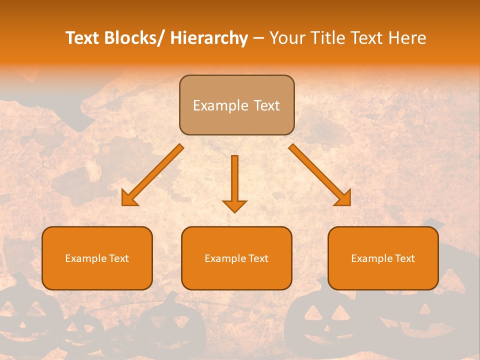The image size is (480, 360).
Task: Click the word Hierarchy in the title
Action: click(209, 38)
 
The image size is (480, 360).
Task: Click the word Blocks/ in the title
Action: click(134, 38)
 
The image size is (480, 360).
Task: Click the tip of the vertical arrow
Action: click(234, 211)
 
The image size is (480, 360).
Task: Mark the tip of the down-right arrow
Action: click(349, 204)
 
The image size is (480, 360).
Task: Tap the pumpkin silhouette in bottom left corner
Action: click(22, 315)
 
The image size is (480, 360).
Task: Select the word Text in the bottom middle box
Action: click(258, 258)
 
